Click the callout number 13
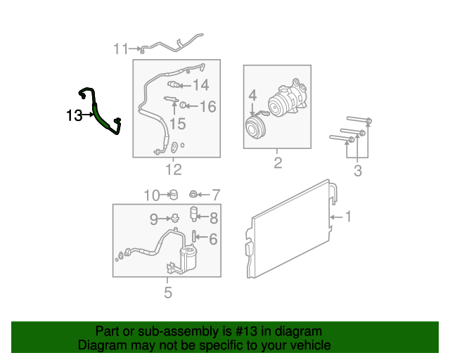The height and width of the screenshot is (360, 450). [x=74, y=115]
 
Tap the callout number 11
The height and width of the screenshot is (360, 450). [x=120, y=49]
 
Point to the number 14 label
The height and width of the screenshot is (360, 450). [x=200, y=85]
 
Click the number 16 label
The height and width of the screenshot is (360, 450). [x=207, y=106]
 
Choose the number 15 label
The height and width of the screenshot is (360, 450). [x=178, y=124]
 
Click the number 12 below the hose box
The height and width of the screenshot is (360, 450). [x=174, y=169]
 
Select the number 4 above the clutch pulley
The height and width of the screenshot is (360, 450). [x=252, y=96]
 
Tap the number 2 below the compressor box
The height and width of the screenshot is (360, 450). [x=278, y=163]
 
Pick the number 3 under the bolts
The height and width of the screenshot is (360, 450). [x=358, y=171]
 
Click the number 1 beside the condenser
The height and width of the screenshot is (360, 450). [x=349, y=217]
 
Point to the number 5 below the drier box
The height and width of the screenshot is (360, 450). [x=168, y=292]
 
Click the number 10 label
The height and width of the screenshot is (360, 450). [x=152, y=195]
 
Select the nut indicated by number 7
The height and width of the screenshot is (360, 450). [x=193, y=194]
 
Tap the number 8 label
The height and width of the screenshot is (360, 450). [x=214, y=218]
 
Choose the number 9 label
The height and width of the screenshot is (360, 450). [x=154, y=219]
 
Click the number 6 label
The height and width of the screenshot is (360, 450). [x=213, y=239]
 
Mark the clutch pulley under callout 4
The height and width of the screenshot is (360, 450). [x=255, y=128]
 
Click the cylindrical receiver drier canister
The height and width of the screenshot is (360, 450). [x=188, y=257]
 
